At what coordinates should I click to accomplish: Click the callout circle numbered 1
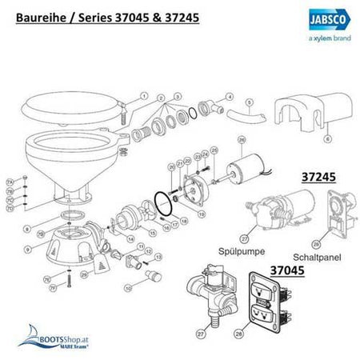143,95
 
